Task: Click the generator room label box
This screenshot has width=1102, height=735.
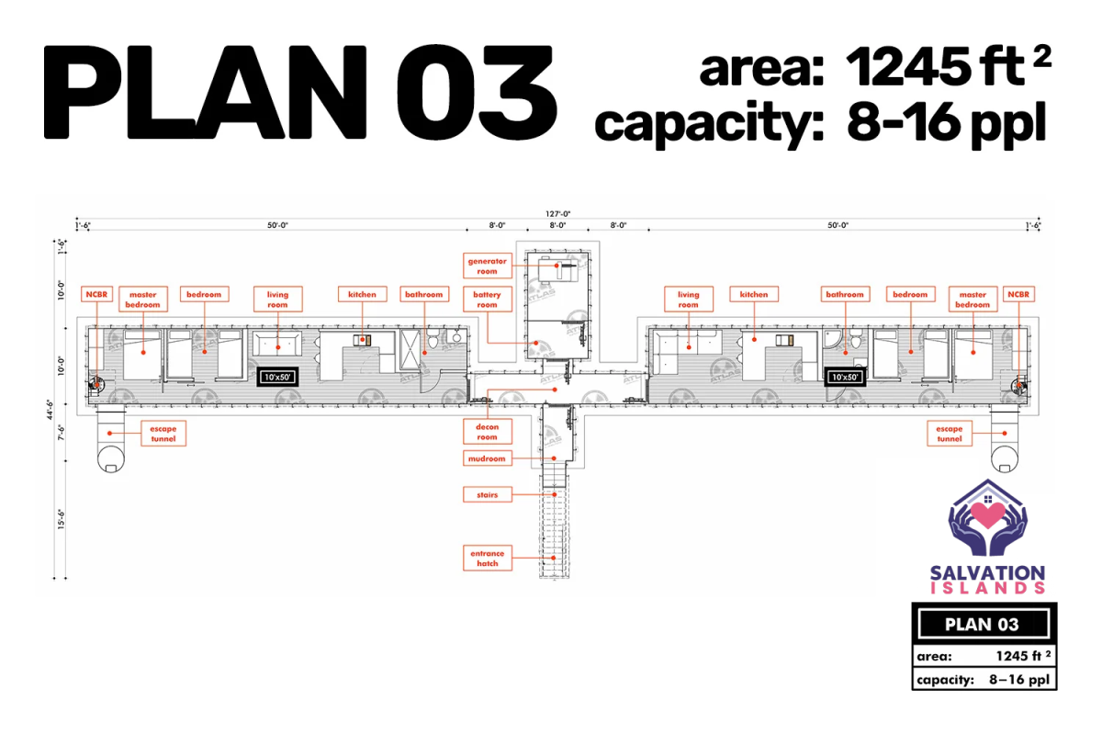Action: [x=487, y=266]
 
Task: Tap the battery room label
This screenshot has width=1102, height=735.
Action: [x=487, y=300]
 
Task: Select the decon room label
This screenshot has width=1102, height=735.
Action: [x=487, y=432]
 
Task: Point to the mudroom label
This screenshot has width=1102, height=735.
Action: [x=487, y=458]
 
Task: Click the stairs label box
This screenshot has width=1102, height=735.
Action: [x=487, y=495]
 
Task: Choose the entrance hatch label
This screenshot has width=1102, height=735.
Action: [x=487, y=558]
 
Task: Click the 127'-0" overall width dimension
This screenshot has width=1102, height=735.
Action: [x=558, y=214]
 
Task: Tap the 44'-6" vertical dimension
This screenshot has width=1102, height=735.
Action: [x=50, y=410]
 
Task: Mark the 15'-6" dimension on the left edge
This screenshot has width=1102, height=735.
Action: [x=61, y=519]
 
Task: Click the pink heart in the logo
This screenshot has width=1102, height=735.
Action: [x=987, y=514]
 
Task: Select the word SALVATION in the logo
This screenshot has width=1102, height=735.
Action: [x=987, y=573]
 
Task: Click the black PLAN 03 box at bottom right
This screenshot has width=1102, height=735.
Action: [x=984, y=624]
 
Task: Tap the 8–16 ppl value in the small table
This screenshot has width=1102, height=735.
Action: [x=1019, y=679]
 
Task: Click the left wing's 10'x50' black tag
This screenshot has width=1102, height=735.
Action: [x=277, y=377]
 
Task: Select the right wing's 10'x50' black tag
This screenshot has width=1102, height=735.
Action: [x=845, y=377]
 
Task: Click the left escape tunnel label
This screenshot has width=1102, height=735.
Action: [x=163, y=434]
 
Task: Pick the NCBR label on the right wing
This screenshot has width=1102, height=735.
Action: [x=1018, y=294]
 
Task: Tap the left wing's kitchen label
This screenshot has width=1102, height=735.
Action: [x=362, y=294]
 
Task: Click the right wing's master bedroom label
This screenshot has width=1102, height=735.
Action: [x=973, y=300]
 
